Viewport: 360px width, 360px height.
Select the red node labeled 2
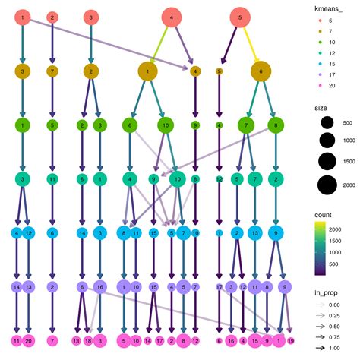(x=52, y=16)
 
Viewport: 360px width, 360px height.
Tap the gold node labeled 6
(x=261, y=71)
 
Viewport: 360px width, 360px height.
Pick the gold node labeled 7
(x=52, y=71)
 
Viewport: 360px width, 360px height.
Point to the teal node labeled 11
(x=52, y=179)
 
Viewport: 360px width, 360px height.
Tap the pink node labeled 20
(x=29, y=341)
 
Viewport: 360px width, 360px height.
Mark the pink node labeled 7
(x=52, y=341)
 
